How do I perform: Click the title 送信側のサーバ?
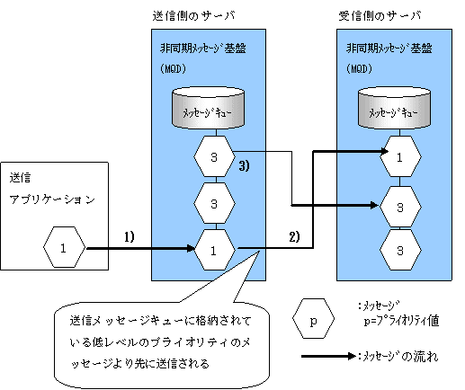[193, 16]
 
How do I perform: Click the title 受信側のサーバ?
[380, 16]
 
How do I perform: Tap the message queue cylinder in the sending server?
[209, 108]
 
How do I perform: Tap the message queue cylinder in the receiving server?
[394, 108]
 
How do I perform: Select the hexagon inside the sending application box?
[64, 247]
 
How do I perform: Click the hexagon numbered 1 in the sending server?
[214, 250]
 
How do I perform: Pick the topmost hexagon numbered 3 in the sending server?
[214, 156]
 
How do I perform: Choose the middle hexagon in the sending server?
[214, 203]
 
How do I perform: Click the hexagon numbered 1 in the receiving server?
[400, 156]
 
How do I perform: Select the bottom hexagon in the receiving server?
[400, 250]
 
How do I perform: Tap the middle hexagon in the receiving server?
[400, 207]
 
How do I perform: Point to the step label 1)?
[130, 237]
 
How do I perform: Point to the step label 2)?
[294, 237]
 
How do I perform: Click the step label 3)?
[244, 166]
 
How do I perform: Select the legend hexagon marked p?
[313, 319]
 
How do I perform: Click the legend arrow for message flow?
[328, 356]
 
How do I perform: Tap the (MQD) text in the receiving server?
[359, 69]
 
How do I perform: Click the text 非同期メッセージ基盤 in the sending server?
[203, 49]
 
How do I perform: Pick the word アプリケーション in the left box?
[52, 199]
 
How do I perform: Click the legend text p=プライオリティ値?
[402, 321]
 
